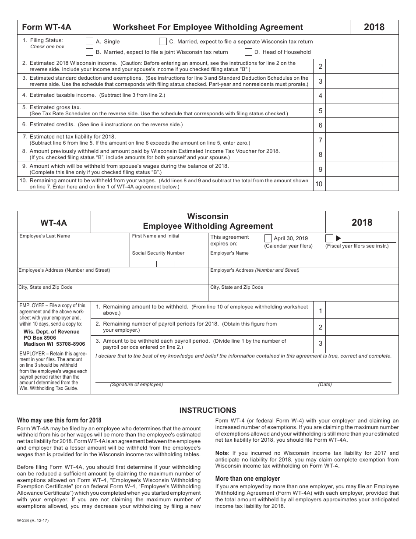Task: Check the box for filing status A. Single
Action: pos(90,42)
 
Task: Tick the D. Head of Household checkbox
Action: pos(248,52)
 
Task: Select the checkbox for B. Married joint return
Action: pos(90,52)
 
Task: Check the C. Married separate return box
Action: pos(163,42)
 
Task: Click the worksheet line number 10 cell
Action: pos(319,184)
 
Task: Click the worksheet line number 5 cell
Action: pos(320,111)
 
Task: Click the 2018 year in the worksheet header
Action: pos(374,27)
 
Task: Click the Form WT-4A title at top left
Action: pos(46,27)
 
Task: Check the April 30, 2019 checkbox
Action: pos(268,238)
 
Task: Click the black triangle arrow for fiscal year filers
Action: pos(338,238)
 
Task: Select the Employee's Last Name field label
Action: pos(45,236)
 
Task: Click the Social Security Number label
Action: pos(158,253)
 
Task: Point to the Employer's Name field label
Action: pos(229,253)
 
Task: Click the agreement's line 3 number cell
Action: pos(320,344)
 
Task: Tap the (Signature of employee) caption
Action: pos(136,385)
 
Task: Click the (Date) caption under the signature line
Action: pos(325,385)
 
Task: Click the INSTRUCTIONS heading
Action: pos(208,411)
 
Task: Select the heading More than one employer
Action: pos(247,479)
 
